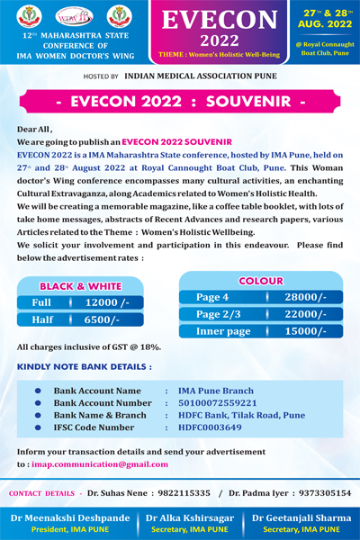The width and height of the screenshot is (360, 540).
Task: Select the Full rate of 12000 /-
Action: point(107,302)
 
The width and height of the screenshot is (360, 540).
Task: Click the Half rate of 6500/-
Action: point(102,319)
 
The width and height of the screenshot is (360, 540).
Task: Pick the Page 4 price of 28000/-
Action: point(305,296)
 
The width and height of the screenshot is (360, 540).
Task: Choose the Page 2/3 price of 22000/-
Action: point(305,313)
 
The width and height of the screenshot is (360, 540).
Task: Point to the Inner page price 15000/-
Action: point(305,331)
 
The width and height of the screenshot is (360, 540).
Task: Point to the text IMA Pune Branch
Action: point(215,391)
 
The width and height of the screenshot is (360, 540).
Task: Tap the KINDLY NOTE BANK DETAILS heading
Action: point(85,366)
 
